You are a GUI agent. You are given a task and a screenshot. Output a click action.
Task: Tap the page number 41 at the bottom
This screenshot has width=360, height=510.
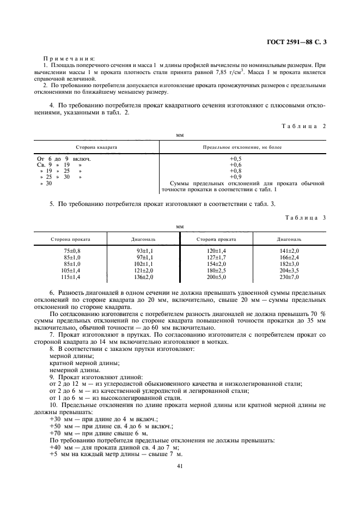[180, 466]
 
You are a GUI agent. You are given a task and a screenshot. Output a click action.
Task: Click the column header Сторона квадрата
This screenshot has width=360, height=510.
[96, 147]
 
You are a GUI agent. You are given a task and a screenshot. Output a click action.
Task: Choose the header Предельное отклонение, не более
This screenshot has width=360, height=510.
[242, 147]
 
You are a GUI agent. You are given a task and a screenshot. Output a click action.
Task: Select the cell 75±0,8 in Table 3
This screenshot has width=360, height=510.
[71, 250]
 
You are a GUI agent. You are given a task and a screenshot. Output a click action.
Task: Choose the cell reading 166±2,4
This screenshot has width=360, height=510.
[289, 256]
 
